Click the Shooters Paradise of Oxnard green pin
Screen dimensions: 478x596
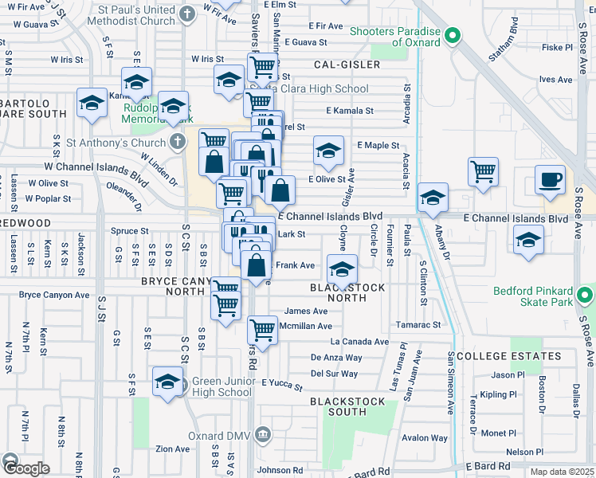pos(453,36)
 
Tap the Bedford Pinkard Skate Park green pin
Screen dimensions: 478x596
pos(586,296)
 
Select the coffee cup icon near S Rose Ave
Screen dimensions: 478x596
pos(549,180)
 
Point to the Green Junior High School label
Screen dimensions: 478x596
pos(224,386)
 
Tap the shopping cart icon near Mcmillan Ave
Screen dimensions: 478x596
pos(262,328)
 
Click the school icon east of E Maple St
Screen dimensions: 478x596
pos(328,150)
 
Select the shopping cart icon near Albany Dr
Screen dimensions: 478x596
pos(483,171)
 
